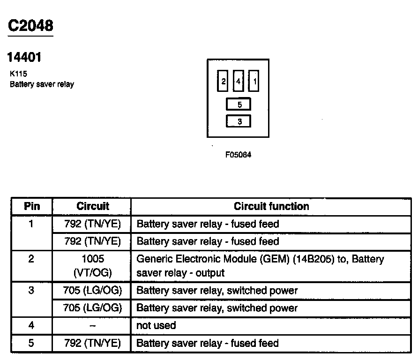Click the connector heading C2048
click(30, 25)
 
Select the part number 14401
click(24, 57)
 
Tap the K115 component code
click(18, 74)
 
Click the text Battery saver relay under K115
click(42, 84)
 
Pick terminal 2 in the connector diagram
click(223, 82)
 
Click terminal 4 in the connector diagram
click(239, 82)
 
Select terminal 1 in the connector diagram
click(254, 82)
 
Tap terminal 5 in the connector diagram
click(239, 104)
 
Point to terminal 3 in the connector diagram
click(239, 121)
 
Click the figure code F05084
click(238, 155)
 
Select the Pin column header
click(32, 206)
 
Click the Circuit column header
click(92, 206)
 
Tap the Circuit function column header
click(271, 206)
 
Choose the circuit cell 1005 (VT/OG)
click(92, 265)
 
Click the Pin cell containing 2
click(31, 259)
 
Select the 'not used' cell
click(156, 325)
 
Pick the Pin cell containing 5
click(31, 343)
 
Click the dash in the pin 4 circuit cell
click(92, 325)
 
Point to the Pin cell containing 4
click(31, 325)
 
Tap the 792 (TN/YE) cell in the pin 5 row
click(92, 343)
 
